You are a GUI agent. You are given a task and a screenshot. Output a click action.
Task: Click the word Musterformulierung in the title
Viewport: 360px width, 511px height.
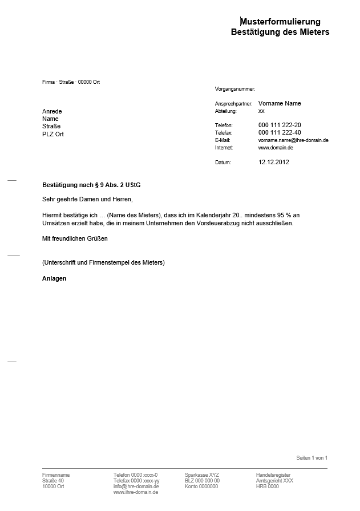click(280, 22)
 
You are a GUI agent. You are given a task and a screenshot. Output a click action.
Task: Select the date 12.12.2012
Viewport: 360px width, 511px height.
click(274, 162)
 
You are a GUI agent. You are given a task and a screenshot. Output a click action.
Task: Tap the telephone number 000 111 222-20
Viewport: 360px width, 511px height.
click(280, 125)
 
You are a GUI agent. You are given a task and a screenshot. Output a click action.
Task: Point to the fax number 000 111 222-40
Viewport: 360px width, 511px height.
click(280, 132)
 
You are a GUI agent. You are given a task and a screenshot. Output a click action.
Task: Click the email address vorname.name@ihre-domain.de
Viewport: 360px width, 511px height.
click(293, 140)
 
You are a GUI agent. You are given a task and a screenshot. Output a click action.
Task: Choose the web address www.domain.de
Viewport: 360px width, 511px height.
click(276, 147)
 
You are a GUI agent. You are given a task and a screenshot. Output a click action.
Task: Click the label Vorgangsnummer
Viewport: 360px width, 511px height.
click(235, 89)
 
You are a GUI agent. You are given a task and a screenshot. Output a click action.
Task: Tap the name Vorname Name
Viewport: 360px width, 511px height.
click(280, 103)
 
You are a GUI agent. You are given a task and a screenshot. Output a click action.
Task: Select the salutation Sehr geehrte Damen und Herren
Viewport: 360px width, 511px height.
click(87, 199)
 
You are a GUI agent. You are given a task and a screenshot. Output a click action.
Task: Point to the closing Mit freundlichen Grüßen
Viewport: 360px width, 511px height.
click(75, 238)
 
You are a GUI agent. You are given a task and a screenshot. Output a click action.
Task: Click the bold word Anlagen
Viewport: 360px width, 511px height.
click(54, 278)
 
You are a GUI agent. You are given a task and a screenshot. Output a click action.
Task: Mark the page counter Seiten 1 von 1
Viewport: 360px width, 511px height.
click(312, 458)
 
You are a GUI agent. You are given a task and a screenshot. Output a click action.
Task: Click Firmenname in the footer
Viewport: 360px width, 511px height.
click(56, 475)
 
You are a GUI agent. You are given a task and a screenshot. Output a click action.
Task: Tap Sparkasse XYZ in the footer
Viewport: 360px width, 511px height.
click(201, 475)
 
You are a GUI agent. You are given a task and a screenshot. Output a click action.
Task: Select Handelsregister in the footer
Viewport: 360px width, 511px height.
click(273, 475)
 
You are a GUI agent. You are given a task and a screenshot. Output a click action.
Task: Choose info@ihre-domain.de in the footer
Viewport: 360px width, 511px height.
click(136, 486)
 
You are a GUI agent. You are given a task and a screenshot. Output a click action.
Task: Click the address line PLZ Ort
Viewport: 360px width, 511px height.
click(53, 134)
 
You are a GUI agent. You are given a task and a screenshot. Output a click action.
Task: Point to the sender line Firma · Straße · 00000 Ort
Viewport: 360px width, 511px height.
click(71, 82)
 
